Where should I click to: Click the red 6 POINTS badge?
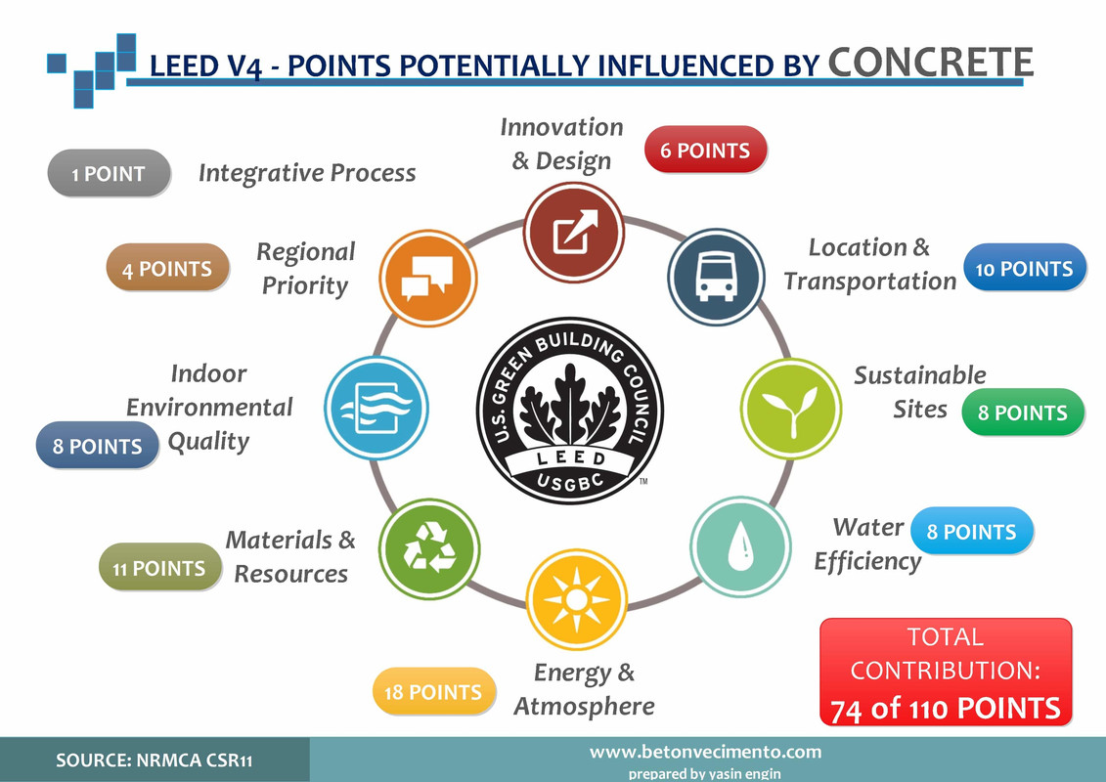point(705,150)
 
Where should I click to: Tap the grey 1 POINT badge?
point(109,173)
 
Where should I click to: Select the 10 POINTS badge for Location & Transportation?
point(1025,268)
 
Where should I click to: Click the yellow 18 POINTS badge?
point(434,692)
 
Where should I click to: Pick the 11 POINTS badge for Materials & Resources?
point(160,567)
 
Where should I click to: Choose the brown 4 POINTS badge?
point(168,267)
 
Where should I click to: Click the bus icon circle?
point(716,277)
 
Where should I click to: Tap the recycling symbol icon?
point(429,548)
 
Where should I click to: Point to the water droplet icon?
point(740,546)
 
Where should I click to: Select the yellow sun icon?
point(577,599)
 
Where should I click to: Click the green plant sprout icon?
point(791,409)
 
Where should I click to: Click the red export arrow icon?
point(574,232)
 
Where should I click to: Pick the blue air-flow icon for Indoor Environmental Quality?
point(376,409)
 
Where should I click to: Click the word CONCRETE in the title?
point(930,62)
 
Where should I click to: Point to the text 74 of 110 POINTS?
point(946,709)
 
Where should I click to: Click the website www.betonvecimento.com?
point(705,752)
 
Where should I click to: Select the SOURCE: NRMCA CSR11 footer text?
point(155,760)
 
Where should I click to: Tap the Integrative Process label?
point(307,173)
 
